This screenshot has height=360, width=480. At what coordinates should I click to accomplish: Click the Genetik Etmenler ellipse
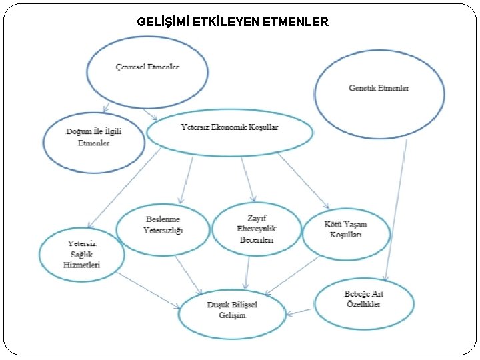(x=379, y=88)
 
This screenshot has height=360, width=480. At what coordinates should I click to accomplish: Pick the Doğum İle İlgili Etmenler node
(x=93, y=138)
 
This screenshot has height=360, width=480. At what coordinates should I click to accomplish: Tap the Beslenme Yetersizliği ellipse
(x=163, y=226)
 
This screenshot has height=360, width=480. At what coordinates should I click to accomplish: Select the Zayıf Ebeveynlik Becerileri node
(x=257, y=229)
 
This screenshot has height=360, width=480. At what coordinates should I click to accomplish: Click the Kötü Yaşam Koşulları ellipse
(x=345, y=229)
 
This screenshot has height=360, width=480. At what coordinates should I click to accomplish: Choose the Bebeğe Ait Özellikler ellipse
(x=363, y=299)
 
